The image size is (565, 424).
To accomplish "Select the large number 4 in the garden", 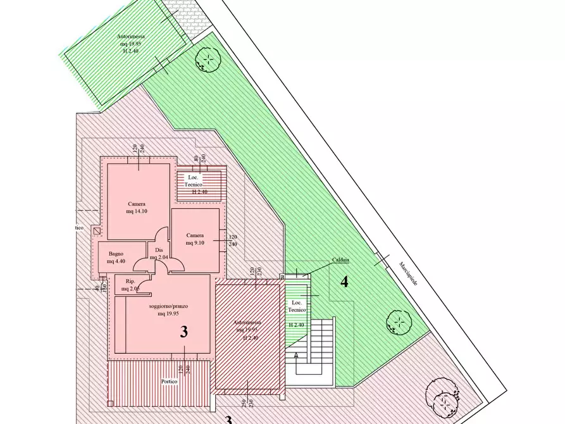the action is tap(344, 282).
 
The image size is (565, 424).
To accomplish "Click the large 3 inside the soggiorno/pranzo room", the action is tap(184, 332).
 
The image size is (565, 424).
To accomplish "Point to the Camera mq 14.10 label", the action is tap(137, 208).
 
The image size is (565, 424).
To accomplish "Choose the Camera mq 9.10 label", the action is tap(196, 239).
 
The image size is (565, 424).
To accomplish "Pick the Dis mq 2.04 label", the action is tap(159, 254).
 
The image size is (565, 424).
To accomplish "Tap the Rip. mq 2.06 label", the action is tap(132, 285).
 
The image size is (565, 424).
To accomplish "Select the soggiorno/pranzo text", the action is tap(170, 306).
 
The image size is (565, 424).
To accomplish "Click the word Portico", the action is tap(169, 382).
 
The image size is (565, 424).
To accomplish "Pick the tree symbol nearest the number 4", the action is tap(397, 322).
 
